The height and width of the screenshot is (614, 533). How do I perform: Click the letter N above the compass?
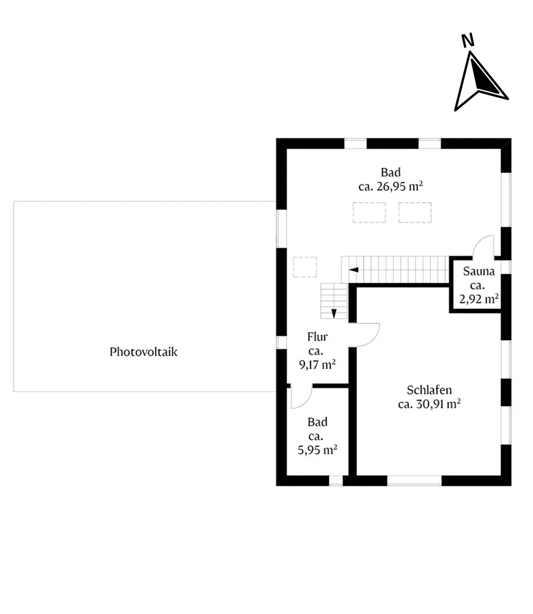click(x=468, y=41)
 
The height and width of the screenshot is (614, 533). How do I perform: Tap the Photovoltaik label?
click(x=143, y=352)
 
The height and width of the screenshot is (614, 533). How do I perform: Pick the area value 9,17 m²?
click(x=317, y=365)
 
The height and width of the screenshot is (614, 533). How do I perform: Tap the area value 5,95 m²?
click(x=317, y=450)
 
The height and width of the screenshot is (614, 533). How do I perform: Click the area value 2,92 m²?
click(x=479, y=300)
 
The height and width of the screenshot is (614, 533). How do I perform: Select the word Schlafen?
click(x=430, y=389)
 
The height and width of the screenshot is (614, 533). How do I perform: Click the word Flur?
click(x=317, y=336)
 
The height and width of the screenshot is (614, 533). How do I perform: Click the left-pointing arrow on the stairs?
click(x=353, y=269)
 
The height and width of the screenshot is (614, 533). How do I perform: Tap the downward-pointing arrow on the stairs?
click(x=334, y=313)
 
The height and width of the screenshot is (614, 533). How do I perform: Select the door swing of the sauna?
click(x=484, y=246)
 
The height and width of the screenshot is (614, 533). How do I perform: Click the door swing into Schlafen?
click(x=367, y=335)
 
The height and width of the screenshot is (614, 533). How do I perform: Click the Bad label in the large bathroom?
click(x=390, y=173)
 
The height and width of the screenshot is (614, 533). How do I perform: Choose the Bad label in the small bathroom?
click(x=317, y=422)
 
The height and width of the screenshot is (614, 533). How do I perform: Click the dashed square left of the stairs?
click(x=305, y=268)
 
